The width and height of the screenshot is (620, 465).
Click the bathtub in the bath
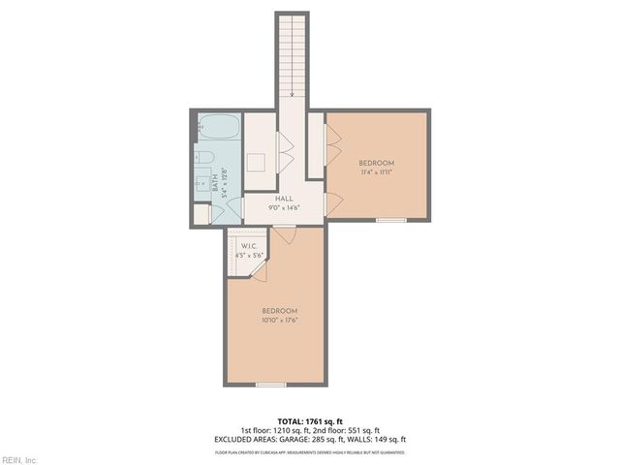pyautogui.click(x=217, y=128)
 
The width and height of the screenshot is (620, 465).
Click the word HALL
pyautogui.click(x=284, y=198)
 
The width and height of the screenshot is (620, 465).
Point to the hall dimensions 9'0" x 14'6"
pyautogui.click(x=284, y=206)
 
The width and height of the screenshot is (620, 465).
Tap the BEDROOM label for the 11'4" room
pyautogui.click(x=376, y=162)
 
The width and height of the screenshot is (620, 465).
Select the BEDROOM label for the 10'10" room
pyautogui.click(x=278, y=310)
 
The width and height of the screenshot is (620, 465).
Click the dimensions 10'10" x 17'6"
pyautogui.click(x=278, y=320)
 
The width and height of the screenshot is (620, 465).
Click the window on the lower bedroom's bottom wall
pyautogui.click(x=270, y=385)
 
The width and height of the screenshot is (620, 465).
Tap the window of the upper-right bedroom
pyautogui.click(x=390, y=221)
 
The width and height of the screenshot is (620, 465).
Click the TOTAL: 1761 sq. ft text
pyautogui.click(x=310, y=420)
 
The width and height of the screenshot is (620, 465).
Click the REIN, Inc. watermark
pyautogui.click(x=19, y=459)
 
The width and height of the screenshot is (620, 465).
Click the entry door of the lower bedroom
pyautogui.click(x=285, y=233)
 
